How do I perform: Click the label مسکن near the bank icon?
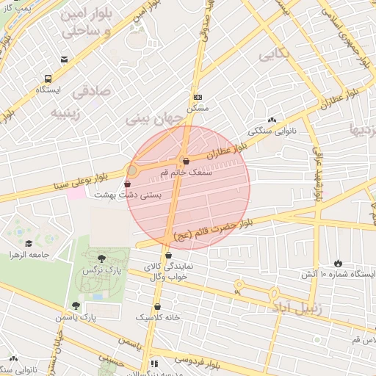click(198, 108)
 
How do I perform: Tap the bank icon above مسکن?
click(198, 97)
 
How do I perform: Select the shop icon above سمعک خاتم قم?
click(185, 162)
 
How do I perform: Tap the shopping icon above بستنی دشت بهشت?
click(129, 184)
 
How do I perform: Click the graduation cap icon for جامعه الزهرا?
click(29, 244)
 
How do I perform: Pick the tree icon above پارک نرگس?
click(101, 258)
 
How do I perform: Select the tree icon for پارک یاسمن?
click(76, 305)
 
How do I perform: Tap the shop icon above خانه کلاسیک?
click(158, 306)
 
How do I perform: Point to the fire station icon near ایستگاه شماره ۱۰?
click(339, 263)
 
